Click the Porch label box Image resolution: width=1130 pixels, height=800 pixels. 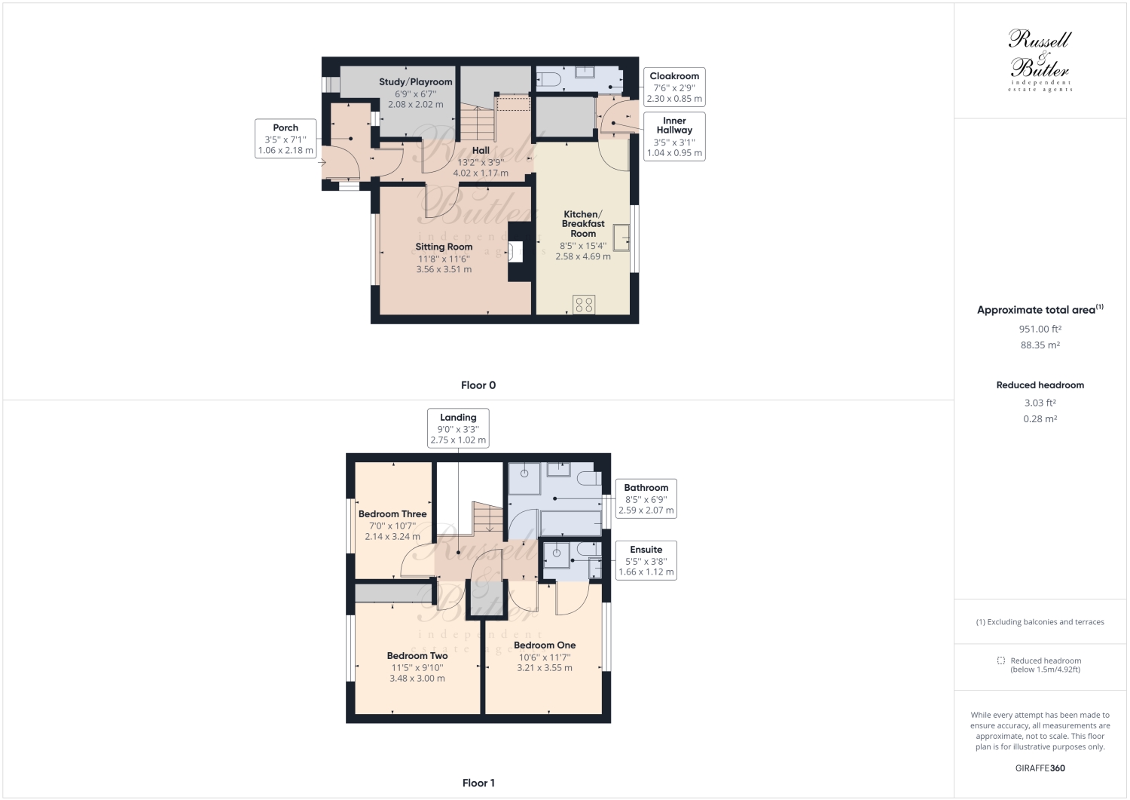point(286,139)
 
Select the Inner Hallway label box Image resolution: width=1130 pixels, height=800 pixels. point(674,136)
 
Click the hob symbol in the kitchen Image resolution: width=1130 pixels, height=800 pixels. point(585,305)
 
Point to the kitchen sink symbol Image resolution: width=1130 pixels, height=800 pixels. point(622,237)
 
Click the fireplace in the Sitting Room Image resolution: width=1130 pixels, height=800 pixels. point(516,252)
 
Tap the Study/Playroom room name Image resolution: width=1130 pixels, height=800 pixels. point(415,82)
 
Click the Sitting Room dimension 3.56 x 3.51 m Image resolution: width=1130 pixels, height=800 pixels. point(444,269)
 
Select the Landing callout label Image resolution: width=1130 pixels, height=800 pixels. point(458,428)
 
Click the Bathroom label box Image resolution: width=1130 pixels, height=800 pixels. point(646,499)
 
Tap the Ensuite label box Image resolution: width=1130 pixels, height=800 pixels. point(646,561)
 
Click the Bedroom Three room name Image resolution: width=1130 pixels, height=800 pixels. point(392,514)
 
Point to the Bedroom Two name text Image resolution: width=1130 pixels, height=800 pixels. point(417,656)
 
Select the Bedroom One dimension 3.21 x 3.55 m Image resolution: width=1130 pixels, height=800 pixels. point(545,667)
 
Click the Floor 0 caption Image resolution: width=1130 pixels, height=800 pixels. point(478,385)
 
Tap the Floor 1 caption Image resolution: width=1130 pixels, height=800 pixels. point(478,783)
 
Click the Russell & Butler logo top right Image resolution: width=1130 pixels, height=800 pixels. point(1040,60)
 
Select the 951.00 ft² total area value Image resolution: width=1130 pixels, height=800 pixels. point(1040,329)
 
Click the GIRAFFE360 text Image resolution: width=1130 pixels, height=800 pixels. point(1040,768)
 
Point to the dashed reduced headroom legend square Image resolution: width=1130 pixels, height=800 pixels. point(1001,661)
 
